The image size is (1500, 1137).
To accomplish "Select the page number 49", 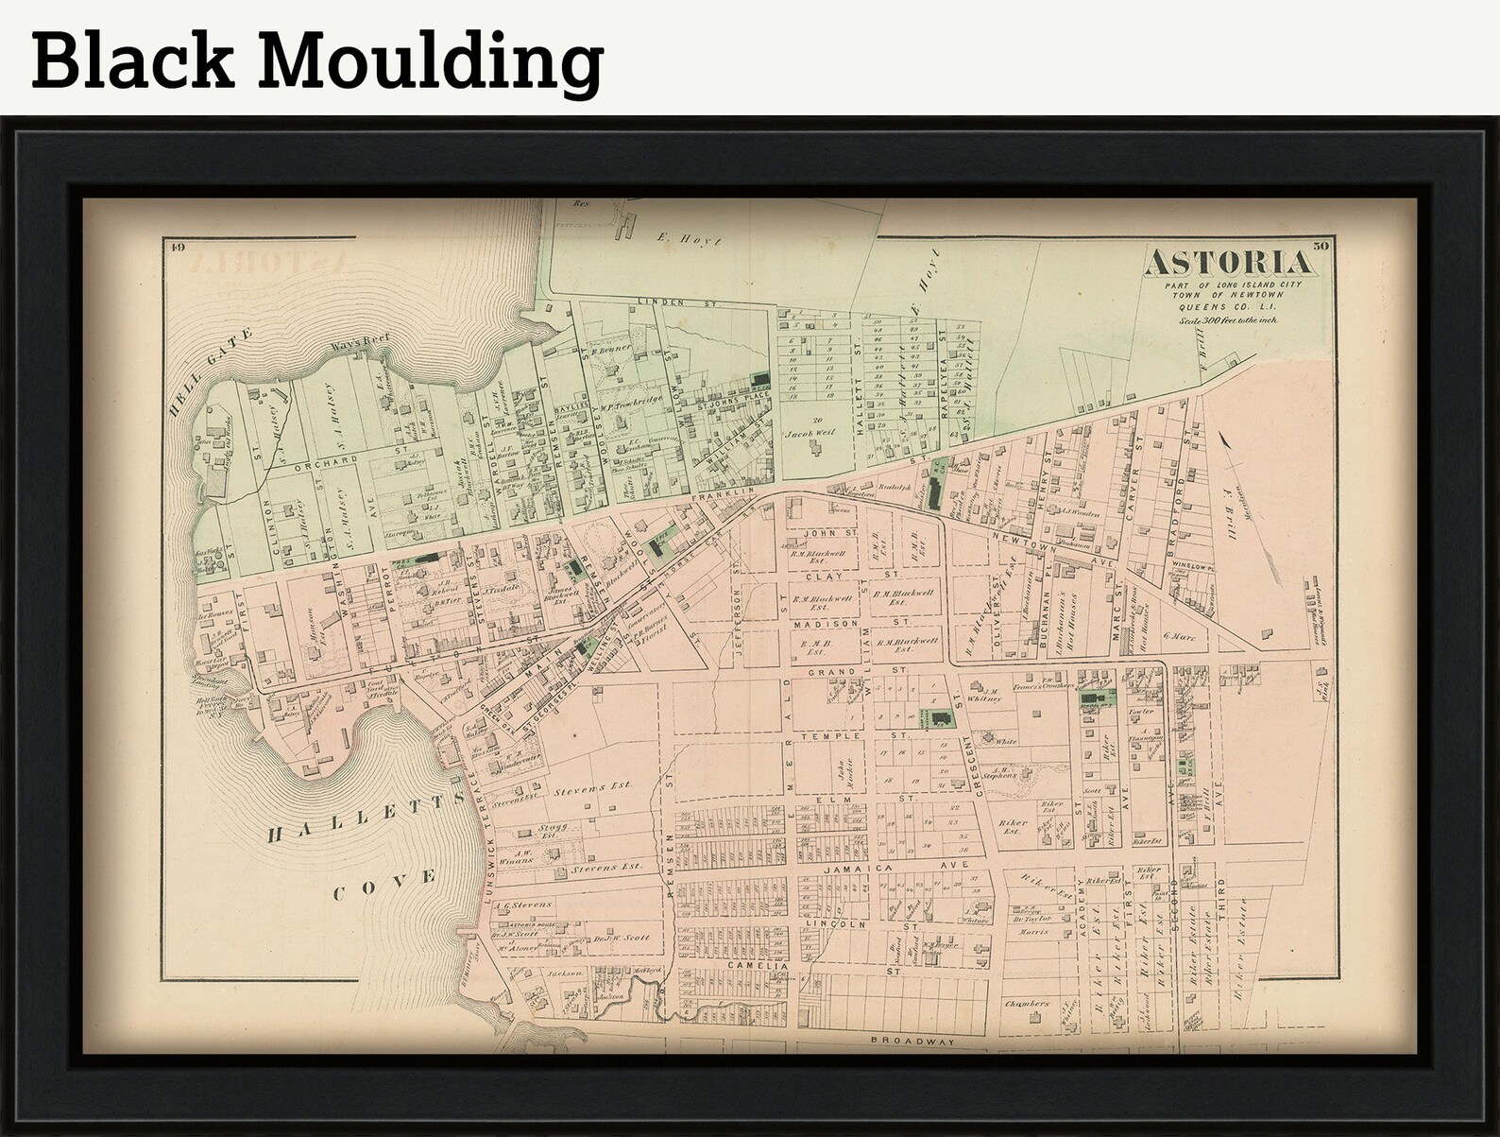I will point(177,249).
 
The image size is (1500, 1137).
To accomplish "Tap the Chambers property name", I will point(1027,1003).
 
